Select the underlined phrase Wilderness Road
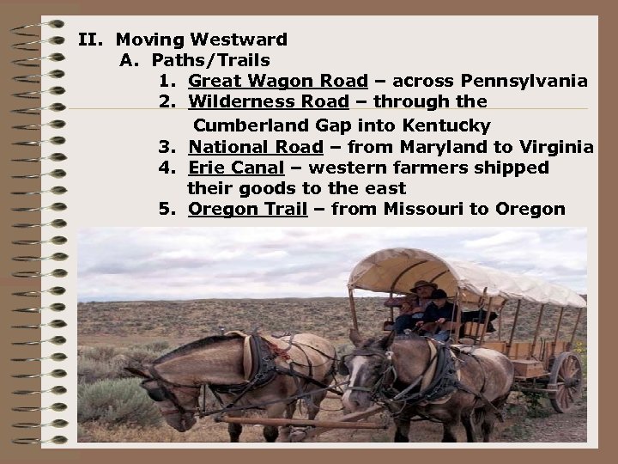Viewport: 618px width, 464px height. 269,102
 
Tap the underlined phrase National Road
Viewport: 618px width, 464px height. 256,146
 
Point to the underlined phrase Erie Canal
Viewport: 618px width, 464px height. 236,168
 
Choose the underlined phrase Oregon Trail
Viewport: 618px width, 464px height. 248,209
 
